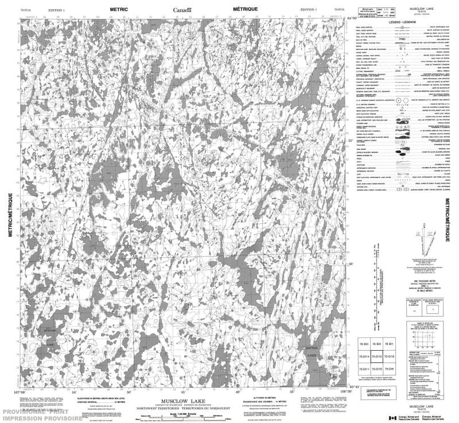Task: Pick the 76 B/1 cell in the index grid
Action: tap(390, 343)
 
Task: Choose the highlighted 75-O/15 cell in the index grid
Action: tap(376, 356)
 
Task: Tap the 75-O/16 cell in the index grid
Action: tap(390, 356)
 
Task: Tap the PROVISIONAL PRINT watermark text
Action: tap(34, 413)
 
